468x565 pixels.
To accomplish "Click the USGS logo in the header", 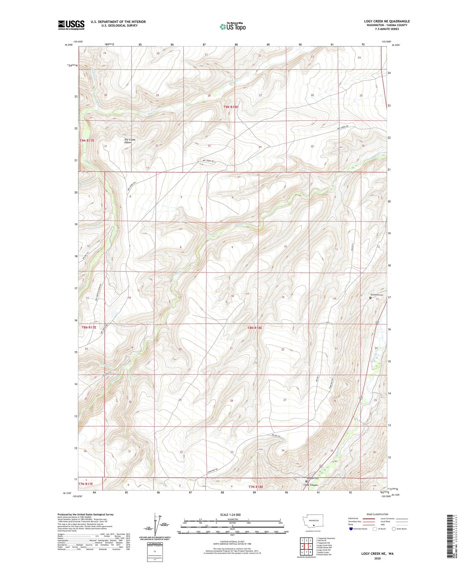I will coord(71,25).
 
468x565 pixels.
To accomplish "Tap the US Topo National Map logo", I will coord(233,26).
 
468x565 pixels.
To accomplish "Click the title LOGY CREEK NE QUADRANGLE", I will coord(387,21).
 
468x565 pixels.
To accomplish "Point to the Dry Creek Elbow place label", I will coord(130,141).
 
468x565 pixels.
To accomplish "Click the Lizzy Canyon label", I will coord(311,485).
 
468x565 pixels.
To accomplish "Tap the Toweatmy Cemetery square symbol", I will coord(370,298).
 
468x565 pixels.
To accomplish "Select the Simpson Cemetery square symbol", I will coord(306,481).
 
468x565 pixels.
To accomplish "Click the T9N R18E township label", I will coord(231,107).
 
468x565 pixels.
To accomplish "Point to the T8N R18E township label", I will coord(255,328).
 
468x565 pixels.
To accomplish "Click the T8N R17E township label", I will coord(89,327).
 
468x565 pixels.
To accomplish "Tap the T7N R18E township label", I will coord(256,486).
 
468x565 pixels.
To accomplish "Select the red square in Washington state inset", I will coord(314,524).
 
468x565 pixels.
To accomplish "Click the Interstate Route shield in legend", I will coord(351,529).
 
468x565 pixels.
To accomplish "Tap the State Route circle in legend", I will coord(394,529).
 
